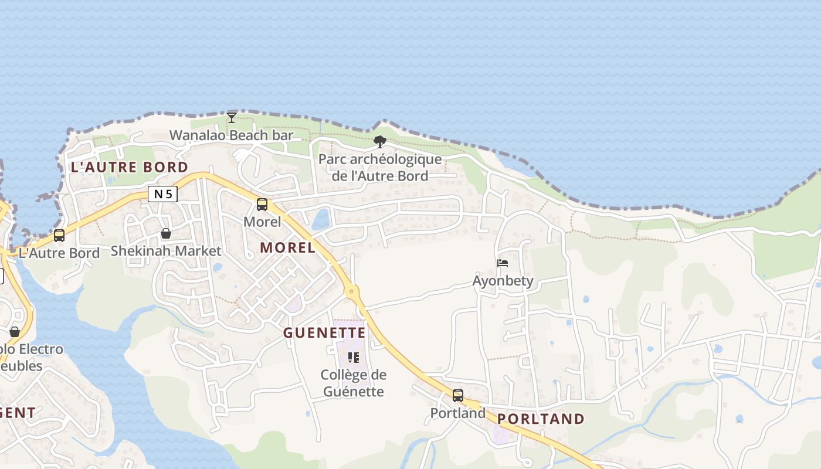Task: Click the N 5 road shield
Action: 162,194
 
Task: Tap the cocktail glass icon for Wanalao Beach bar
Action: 232,117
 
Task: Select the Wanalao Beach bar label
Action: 231,135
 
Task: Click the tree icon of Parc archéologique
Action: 380,141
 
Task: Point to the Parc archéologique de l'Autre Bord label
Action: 380,168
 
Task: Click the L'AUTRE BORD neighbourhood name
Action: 129,167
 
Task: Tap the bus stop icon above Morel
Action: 262,205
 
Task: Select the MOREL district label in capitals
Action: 288,247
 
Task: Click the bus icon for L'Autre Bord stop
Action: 59,236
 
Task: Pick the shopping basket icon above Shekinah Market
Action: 166,233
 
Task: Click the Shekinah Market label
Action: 166,251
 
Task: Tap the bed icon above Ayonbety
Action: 503,263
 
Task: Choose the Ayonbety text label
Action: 503,281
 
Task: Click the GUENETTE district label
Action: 324,333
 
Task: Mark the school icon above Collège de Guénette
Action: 353,357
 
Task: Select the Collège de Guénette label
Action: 352,383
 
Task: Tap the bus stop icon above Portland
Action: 458,396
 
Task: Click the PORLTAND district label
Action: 541,419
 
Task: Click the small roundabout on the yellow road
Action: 351,290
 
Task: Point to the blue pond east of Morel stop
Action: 321,219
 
